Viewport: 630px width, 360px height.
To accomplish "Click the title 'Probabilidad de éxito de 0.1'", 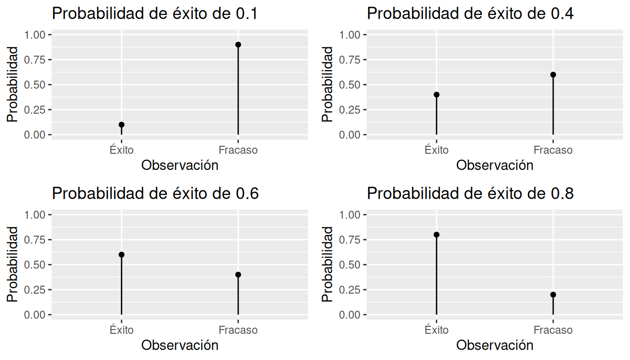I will click(155, 14).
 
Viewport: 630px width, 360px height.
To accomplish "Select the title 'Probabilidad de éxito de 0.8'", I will click(470, 194).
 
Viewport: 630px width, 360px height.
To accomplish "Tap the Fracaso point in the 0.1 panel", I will click(238, 45).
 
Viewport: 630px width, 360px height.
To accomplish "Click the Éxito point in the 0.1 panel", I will click(121, 125).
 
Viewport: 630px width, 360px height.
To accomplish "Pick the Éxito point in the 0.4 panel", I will click(436, 95).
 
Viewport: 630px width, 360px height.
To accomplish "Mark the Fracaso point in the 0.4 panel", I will click(553, 75).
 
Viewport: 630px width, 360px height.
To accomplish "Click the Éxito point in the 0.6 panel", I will click(121, 255).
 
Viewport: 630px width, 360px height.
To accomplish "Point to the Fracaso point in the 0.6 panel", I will click(238, 275).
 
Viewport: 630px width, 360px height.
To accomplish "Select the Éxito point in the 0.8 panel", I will click(436, 234).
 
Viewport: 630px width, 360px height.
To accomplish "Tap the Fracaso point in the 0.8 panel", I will click(553, 294).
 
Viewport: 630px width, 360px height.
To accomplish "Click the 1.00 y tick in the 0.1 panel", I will click(36, 35).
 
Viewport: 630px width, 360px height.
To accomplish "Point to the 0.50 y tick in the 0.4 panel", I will click(351, 85).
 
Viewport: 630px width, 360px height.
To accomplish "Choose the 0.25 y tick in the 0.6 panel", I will click(36, 290).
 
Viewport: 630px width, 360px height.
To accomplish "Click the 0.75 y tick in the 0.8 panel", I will click(351, 240).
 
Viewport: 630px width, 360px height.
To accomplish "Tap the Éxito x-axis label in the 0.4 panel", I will click(436, 150).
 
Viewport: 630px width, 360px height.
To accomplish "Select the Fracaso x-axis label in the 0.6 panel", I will click(238, 330).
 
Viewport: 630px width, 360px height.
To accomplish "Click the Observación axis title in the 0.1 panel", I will click(180, 165).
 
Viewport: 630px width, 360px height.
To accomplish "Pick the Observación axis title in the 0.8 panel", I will click(495, 345).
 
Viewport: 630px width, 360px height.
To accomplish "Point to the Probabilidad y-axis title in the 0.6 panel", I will click(13, 264).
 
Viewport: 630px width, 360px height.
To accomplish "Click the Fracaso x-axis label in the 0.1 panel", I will click(238, 150).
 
